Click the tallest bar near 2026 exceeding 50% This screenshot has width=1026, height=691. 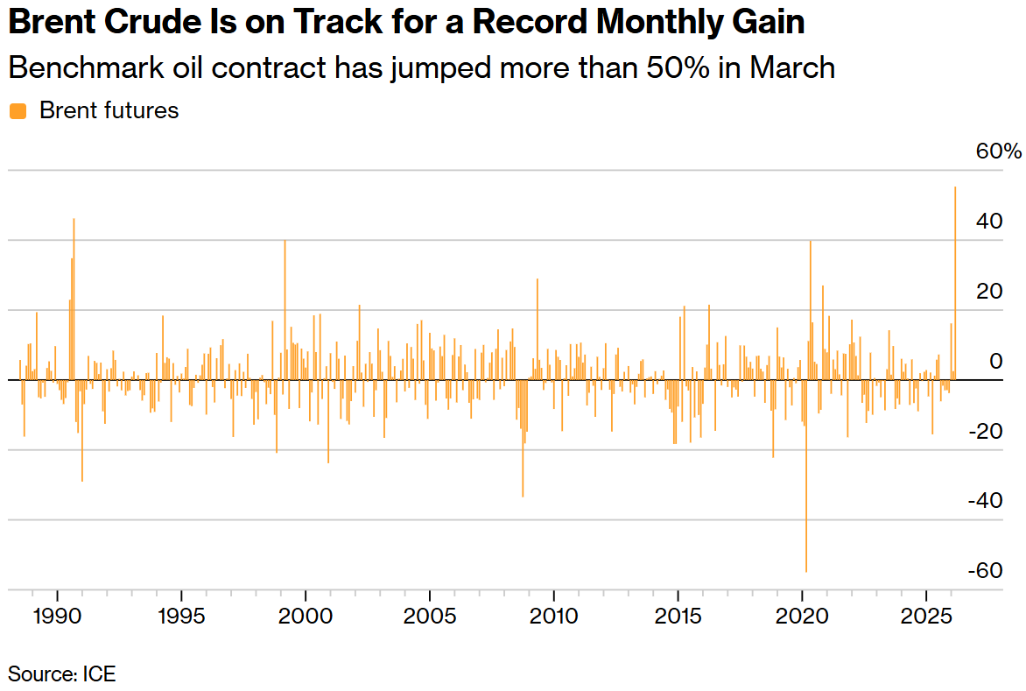[955, 280]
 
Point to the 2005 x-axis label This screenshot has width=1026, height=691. [430, 616]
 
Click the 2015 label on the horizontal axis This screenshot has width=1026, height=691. [678, 616]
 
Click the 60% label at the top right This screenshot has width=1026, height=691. [998, 152]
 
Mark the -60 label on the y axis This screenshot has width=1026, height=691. [985, 571]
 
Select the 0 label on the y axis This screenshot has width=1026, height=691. [995, 361]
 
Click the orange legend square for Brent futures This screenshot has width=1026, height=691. [18, 111]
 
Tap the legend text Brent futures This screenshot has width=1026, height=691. [109, 111]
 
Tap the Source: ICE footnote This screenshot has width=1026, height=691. [62, 673]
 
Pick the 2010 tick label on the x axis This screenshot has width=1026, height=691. [554, 616]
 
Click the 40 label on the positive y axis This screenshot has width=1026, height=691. [990, 221]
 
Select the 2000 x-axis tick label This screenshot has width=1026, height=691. [306, 616]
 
